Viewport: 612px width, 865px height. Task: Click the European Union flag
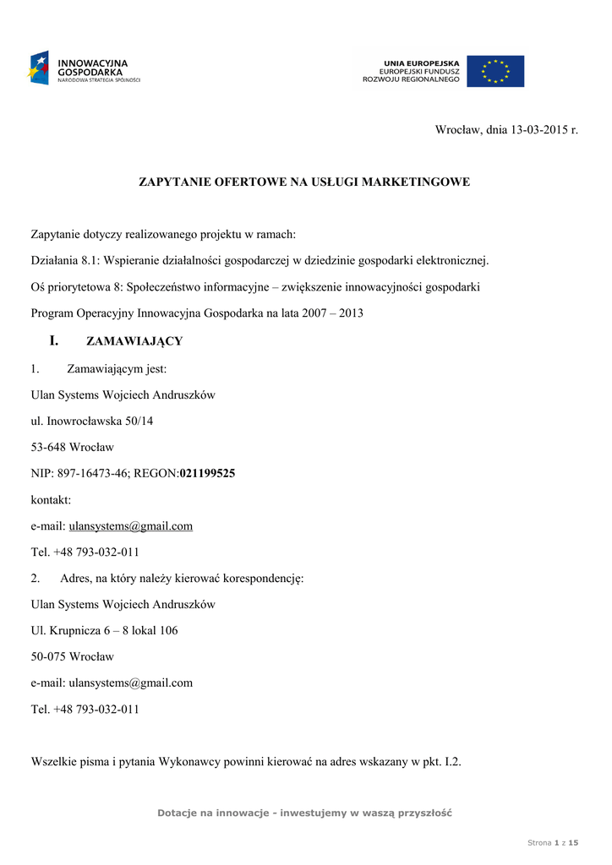tap(495, 71)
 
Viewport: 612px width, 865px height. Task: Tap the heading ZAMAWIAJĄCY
tap(134, 342)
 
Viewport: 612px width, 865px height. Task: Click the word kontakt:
tap(51, 500)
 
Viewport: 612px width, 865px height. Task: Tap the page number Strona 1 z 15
tap(553, 843)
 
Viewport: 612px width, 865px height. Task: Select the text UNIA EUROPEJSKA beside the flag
tap(421, 63)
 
